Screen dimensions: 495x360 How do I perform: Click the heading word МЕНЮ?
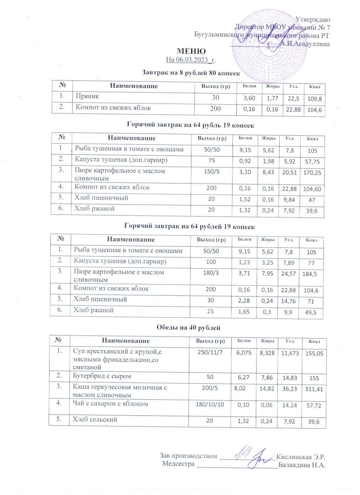pos(191,52)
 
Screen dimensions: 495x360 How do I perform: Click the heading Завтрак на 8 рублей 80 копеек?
pos(191,73)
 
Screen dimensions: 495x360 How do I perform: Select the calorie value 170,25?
pos(313,174)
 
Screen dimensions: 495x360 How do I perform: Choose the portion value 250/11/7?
pos(211,351)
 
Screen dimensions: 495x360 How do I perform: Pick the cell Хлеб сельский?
pos(92,420)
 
